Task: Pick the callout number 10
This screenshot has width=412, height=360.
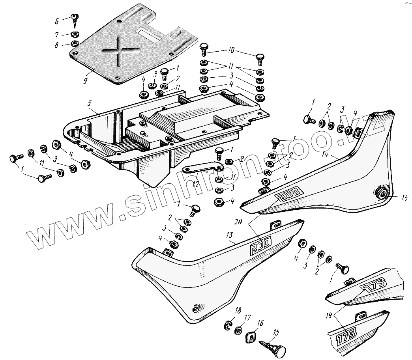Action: pos(231,50)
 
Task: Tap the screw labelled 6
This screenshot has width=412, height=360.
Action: pos(74,17)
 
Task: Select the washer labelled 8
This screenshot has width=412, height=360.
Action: pos(74,43)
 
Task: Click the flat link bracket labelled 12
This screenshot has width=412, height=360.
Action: pos(201,168)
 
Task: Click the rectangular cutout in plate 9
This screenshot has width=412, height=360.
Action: pos(148,34)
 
